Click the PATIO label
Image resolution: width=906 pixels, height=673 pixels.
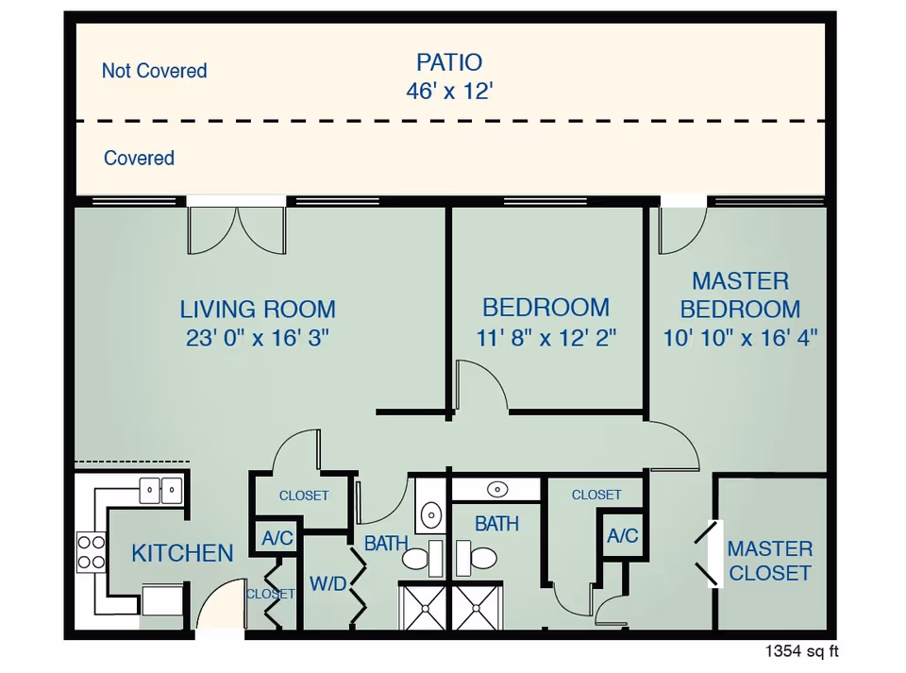449,63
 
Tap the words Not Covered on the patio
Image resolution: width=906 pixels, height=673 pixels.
154,71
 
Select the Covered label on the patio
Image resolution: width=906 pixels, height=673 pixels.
139,159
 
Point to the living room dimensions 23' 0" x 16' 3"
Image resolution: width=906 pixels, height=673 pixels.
258,338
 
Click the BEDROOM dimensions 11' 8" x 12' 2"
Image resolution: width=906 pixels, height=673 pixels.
546,338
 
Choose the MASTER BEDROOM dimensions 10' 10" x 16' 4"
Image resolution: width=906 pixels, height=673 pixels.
740,338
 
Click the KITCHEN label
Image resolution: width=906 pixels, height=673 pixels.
182,553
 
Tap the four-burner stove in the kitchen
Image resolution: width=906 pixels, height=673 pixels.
92,552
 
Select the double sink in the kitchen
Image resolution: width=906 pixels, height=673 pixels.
160,490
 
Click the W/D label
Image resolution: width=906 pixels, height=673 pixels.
327,584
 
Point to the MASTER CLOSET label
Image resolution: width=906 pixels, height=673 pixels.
769,561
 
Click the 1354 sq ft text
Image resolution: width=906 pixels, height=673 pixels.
801,651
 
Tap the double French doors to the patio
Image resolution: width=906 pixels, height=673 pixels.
237,229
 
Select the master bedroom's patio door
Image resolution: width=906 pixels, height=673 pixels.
682,229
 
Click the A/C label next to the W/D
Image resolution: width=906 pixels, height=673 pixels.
277,538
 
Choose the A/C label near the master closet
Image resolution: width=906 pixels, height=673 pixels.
623,536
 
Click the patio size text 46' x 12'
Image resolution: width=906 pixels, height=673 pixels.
449,92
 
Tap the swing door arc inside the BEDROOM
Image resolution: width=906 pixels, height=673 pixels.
480,387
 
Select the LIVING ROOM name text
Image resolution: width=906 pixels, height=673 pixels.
258,309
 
